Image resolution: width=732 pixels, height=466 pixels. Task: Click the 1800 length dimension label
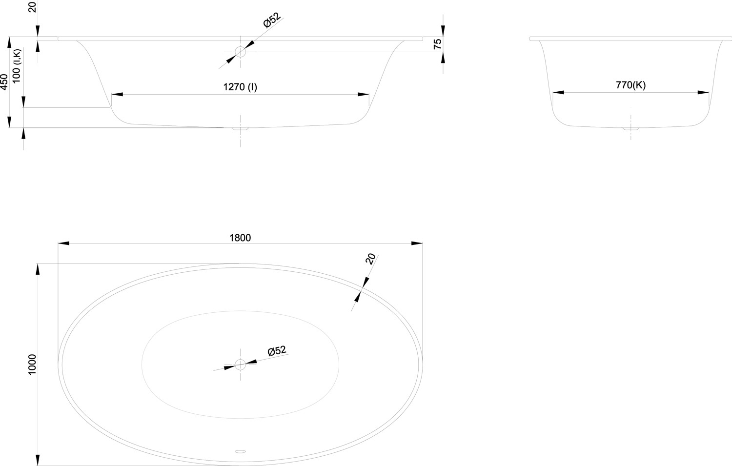(x=240, y=238)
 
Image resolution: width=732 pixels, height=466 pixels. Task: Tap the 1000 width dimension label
(x=32, y=365)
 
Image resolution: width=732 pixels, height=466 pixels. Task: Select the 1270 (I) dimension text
(x=240, y=87)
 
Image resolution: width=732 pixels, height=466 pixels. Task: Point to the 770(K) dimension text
(x=630, y=85)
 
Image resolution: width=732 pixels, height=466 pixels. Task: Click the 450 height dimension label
(x=4, y=82)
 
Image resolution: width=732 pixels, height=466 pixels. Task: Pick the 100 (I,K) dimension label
(x=16, y=66)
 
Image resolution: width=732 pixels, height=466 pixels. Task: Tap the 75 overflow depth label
(x=437, y=44)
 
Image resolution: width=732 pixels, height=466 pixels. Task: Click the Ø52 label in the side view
(x=272, y=20)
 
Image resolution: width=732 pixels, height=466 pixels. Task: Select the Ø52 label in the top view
(x=277, y=351)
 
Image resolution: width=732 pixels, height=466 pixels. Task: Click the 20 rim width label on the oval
(x=370, y=259)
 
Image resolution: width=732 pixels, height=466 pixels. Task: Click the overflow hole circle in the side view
(x=240, y=52)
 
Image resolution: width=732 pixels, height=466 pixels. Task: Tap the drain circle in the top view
(x=240, y=365)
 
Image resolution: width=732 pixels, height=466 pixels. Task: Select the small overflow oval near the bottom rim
(x=240, y=452)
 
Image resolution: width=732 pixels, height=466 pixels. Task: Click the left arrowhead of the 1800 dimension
(x=64, y=243)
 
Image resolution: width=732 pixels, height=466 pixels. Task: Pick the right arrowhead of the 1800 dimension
(x=417, y=243)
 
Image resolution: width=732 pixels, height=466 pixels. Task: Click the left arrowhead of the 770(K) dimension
(x=558, y=93)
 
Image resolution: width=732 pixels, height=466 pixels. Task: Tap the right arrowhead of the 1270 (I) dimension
(x=364, y=95)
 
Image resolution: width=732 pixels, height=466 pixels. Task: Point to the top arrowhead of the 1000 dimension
(x=38, y=269)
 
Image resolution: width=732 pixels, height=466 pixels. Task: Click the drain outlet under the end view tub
(x=630, y=129)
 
